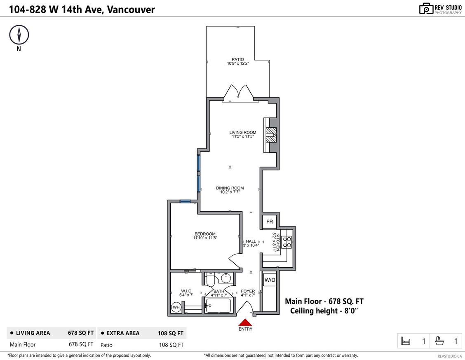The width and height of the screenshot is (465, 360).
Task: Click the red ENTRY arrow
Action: click(x=245, y=323)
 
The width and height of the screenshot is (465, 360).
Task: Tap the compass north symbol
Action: click(x=19, y=35)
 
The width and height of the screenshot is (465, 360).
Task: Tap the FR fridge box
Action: click(x=270, y=222)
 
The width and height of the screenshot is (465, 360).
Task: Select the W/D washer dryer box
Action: click(x=270, y=280)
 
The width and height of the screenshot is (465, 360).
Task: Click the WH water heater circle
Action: click(x=176, y=307)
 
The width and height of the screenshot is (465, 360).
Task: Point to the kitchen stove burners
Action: click(x=287, y=242)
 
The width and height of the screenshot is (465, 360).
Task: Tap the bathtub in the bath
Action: click(x=218, y=306)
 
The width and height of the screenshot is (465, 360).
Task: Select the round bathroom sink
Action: click(x=225, y=278)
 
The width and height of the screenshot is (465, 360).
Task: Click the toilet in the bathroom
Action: click(x=209, y=280)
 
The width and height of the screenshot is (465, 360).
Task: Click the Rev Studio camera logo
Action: click(x=426, y=8)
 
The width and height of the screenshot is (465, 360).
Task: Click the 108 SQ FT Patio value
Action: click(x=171, y=345)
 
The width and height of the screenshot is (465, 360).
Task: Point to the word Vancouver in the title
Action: click(x=131, y=9)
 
